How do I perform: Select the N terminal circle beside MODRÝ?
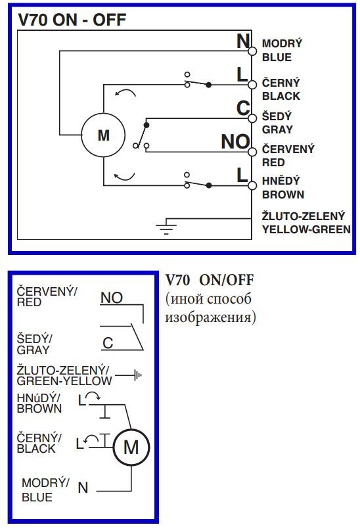252,51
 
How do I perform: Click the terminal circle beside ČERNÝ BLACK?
252,84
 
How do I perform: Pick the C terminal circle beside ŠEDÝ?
252,118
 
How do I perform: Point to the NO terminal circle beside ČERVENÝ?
252,152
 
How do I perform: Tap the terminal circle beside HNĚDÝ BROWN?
252,185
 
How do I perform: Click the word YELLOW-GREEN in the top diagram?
306,229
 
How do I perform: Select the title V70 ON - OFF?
72,20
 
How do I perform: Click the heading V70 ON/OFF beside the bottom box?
209,280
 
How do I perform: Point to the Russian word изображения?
210,317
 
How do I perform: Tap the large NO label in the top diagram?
235,141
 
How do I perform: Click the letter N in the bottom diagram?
83,488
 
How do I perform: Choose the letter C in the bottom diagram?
108,343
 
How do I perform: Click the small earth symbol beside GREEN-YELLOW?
138,375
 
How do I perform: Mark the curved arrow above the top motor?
125,92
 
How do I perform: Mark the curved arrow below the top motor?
125,177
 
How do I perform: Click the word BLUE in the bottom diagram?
37,497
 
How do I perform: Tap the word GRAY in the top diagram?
277,129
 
